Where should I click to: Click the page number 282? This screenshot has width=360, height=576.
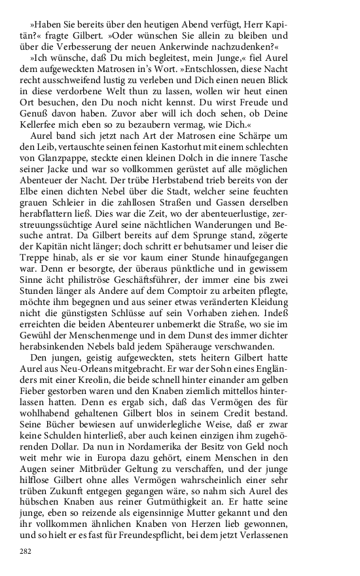tap(26, 551)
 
